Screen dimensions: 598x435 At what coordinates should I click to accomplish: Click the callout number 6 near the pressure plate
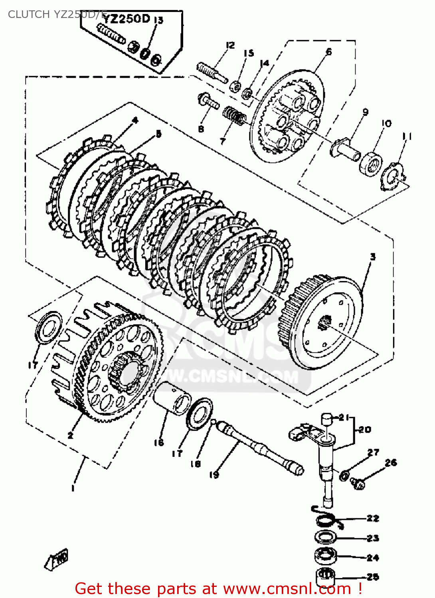(x=329, y=51)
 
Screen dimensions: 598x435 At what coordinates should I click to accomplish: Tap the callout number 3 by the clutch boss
(x=372, y=257)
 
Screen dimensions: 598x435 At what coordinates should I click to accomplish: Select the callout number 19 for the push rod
(x=214, y=474)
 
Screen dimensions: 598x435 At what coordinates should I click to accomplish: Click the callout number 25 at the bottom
(x=373, y=577)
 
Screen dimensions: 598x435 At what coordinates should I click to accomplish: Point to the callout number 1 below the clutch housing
(x=73, y=488)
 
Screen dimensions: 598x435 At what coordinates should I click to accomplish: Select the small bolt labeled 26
(x=358, y=484)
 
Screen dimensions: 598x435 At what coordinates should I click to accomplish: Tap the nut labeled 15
(x=236, y=86)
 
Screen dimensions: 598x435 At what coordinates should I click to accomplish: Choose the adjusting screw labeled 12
(x=212, y=72)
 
